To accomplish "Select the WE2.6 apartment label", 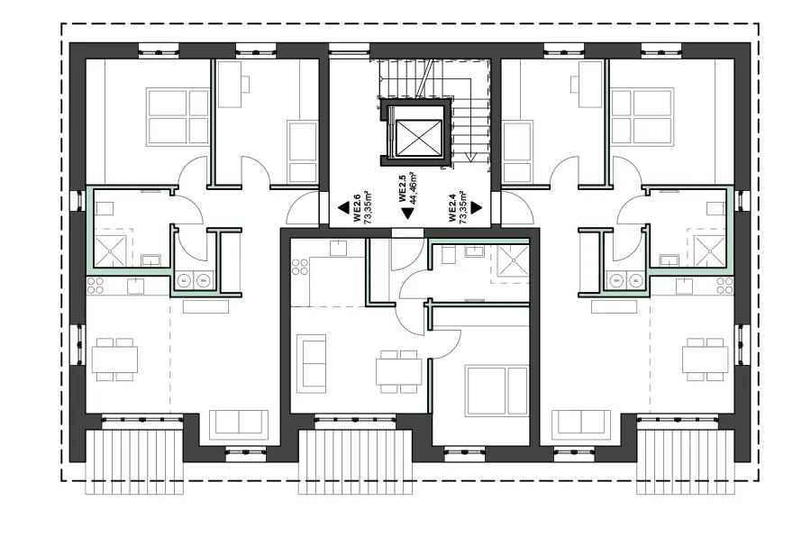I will (x=362, y=208).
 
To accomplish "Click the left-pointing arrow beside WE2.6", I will (x=343, y=208).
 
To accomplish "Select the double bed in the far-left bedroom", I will (x=178, y=116).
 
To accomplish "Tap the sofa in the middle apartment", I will (x=312, y=362).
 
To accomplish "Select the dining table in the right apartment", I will (x=704, y=359).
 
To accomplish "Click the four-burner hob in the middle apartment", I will (x=299, y=267).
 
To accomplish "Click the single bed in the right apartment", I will (x=517, y=152).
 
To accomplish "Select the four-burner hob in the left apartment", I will (x=95, y=286).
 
